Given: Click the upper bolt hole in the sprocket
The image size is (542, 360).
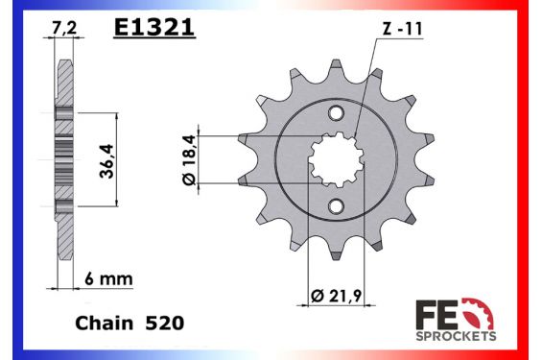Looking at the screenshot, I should click(x=335, y=114).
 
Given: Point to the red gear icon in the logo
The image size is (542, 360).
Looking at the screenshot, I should click(x=475, y=313).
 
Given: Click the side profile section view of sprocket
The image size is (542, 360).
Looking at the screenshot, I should click(x=63, y=158).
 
